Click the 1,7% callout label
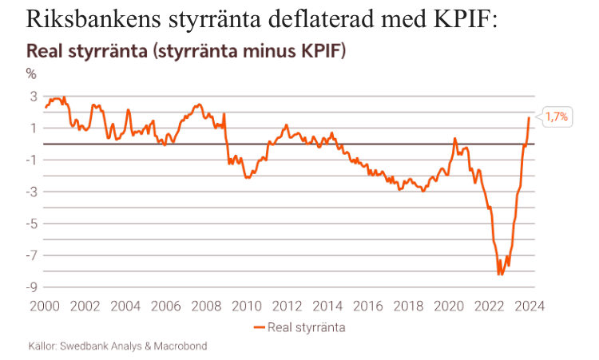557,117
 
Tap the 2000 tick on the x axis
46,305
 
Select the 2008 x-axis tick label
207,305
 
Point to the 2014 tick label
327,305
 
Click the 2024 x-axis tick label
530,305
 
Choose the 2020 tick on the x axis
449,305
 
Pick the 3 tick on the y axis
34,96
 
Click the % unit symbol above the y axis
32,74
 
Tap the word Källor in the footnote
43,347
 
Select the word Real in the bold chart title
45,51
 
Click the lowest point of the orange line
500,275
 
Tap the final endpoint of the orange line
529,117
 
